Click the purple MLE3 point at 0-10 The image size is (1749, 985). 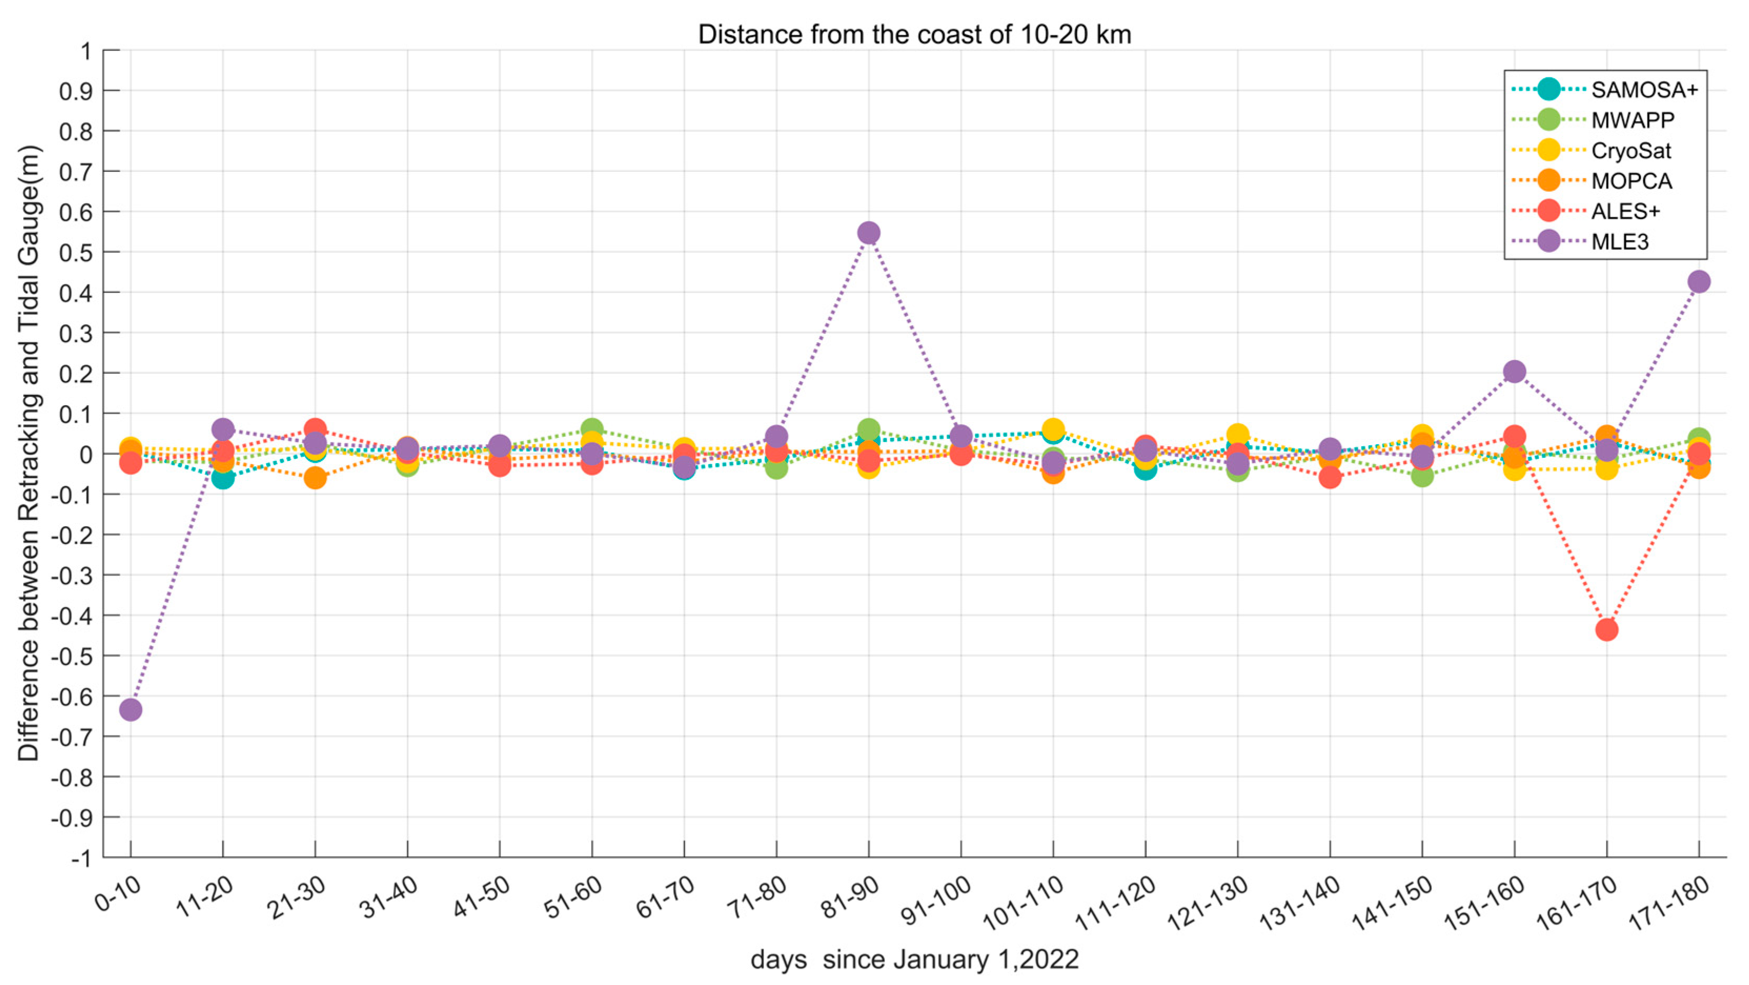tap(130, 710)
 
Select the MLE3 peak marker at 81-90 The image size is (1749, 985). tap(868, 233)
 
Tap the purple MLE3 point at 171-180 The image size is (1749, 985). tap(1699, 282)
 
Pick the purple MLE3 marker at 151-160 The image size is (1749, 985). tap(1514, 371)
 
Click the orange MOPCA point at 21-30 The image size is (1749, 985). tap(315, 478)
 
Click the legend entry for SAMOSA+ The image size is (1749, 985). tap(1644, 89)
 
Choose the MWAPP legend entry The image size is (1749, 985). tap(1632, 120)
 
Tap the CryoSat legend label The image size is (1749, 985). tap(1631, 151)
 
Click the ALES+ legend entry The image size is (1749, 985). tap(1625, 211)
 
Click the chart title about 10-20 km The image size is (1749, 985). tap(914, 34)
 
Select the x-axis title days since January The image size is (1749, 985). tap(914, 960)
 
